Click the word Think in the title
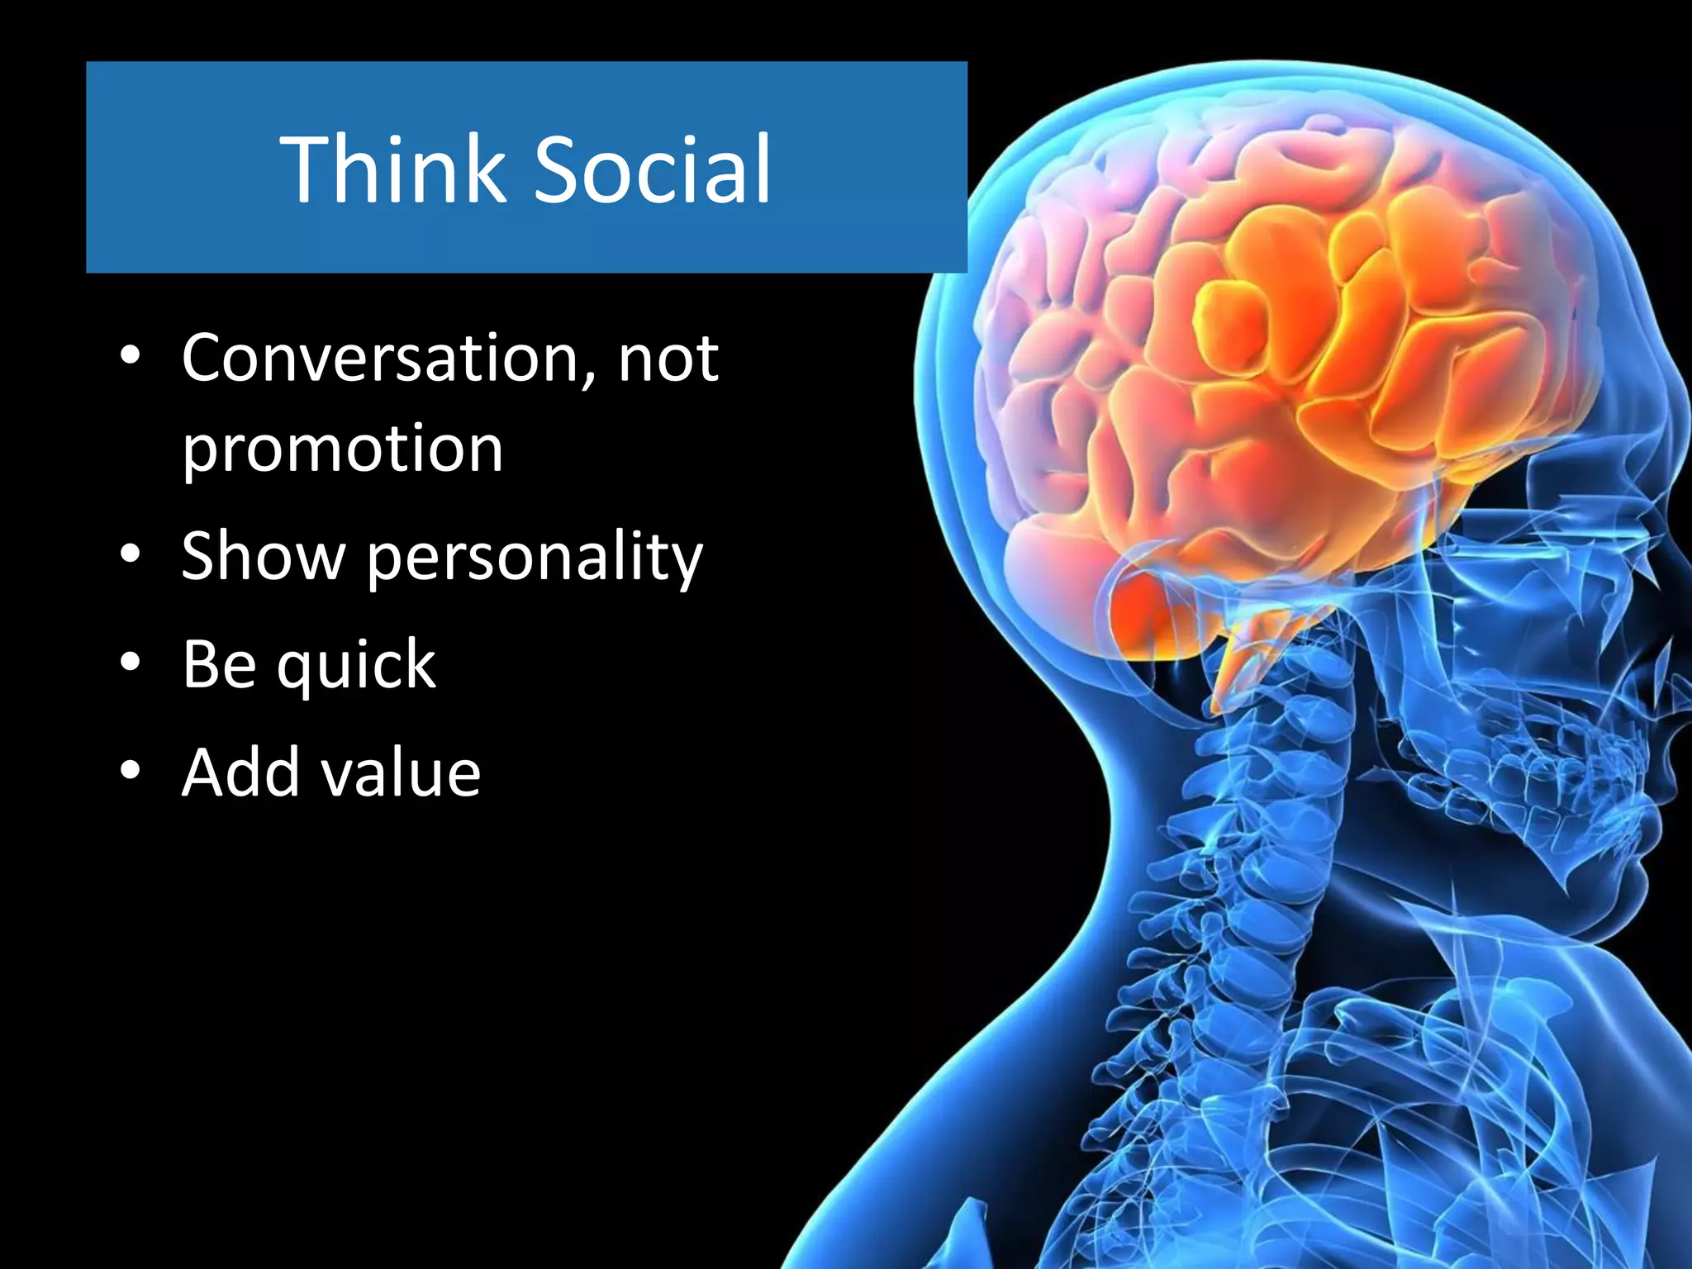[x=392, y=169]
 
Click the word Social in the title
[x=653, y=169]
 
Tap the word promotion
[x=342, y=450]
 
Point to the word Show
[x=263, y=556]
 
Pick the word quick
[x=355, y=666]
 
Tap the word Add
[x=240, y=773]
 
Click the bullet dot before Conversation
[x=130, y=356]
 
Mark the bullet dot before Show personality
[x=130, y=554]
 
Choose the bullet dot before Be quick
[x=130, y=662]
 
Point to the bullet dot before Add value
[x=130, y=770]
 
